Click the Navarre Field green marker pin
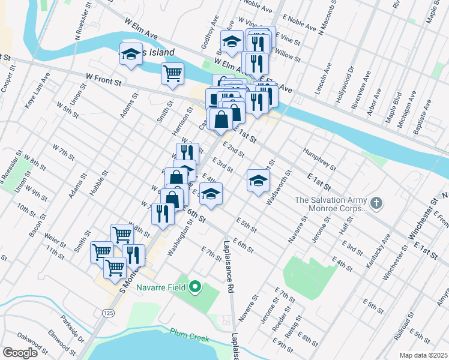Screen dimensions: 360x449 pos(194,287)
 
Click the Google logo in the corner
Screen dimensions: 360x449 pos(20,353)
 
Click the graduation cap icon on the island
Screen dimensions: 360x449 pos(130,55)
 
